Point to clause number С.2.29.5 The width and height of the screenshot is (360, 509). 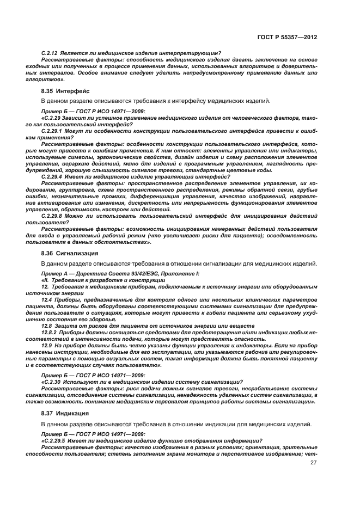pos(54,440)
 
